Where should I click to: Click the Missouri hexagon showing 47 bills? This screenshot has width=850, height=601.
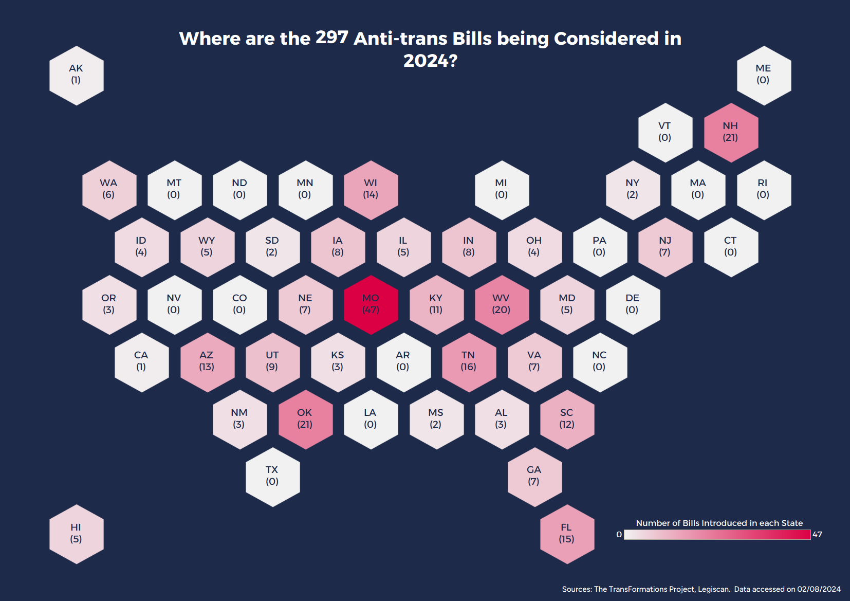(x=371, y=304)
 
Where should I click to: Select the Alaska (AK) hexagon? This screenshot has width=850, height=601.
(x=76, y=75)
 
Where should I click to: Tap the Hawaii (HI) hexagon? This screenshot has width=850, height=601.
(x=76, y=534)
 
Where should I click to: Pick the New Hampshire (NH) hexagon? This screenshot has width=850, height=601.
(x=730, y=132)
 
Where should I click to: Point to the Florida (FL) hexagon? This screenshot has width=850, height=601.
(x=567, y=534)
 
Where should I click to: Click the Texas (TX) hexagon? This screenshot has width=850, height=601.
(x=272, y=476)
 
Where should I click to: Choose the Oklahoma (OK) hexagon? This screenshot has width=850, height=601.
(x=305, y=419)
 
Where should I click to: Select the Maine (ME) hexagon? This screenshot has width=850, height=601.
(x=763, y=75)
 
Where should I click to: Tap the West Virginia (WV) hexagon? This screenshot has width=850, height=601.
(x=502, y=304)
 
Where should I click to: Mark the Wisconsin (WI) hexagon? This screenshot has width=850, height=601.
(x=371, y=190)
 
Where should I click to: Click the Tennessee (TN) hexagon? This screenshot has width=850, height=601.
(x=469, y=361)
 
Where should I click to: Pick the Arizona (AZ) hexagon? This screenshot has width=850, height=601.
(x=207, y=361)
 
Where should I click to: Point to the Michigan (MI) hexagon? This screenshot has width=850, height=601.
(x=502, y=190)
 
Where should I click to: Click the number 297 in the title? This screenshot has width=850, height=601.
(x=331, y=37)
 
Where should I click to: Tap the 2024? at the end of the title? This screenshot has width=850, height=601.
(x=430, y=61)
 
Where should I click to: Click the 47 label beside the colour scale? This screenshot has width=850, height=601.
(x=817, y=535)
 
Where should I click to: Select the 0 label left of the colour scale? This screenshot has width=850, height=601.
(x=619, y=535)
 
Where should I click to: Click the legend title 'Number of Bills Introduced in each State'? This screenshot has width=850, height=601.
(x=719, y=523)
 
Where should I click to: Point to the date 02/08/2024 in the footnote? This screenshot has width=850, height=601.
(x=819, y=589)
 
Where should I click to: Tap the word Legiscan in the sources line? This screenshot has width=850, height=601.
(x=713, y=589)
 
